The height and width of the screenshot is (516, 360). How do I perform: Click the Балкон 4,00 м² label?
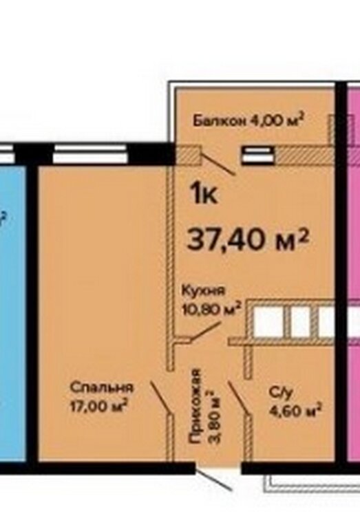point(248,120)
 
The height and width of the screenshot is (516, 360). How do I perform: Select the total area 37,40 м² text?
point(248,240)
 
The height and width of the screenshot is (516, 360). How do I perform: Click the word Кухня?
point(204,291)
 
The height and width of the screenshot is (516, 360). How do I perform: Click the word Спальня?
point(102,387)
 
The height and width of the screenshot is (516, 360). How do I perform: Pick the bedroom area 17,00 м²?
point(98,406)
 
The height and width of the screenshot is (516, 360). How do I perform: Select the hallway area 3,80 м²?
point(214,417)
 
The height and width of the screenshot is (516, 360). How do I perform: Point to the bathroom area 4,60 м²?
point(295,410)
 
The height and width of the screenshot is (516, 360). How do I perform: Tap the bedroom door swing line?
point(160,397)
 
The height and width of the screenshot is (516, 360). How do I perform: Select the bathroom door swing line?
point(238,397)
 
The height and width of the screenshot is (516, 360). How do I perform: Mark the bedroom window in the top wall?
point(90,153)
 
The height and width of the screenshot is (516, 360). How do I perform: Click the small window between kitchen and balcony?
point(257,155)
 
